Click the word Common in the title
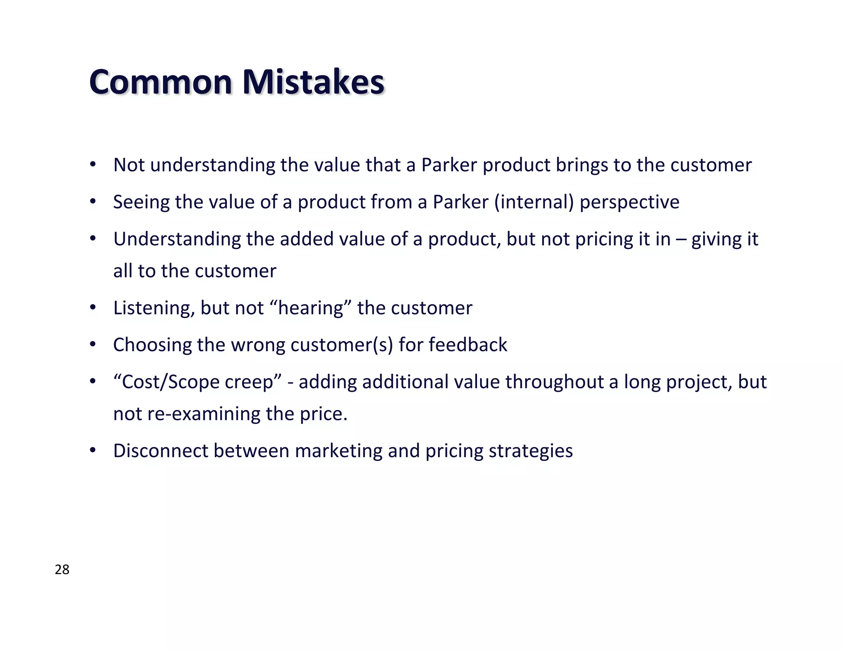tap(161, 82)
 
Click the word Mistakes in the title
tap(313, 82)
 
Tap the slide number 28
tap(62, 570)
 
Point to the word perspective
tap(629, 202)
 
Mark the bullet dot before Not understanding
tap(93, 165)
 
